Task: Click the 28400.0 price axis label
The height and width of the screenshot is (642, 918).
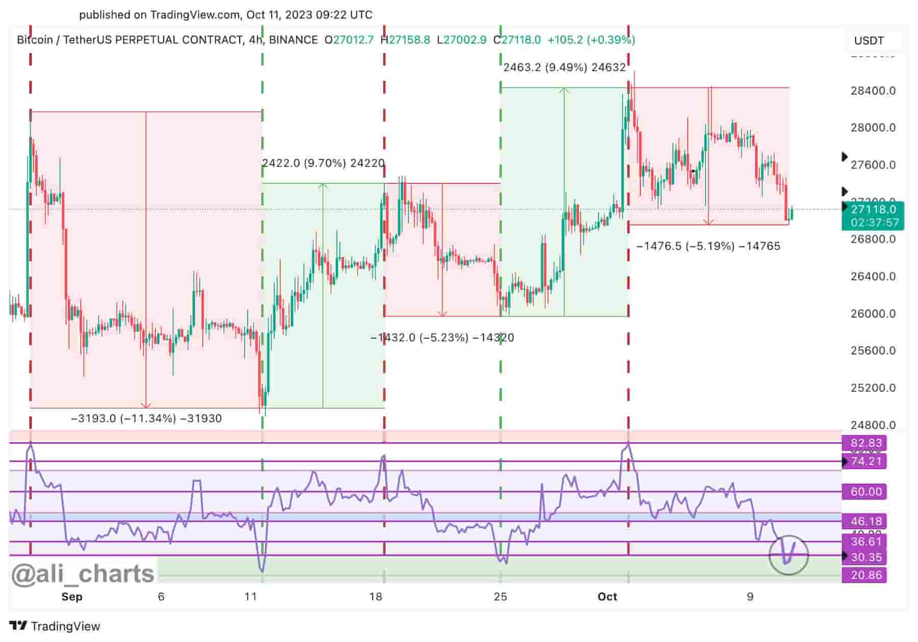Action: [x=873, y=91]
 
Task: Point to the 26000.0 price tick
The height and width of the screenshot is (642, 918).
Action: [x=873, y=313]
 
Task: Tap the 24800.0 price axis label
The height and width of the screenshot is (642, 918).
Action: [x=873, y=425]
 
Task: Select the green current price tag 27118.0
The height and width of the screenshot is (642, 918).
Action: [x=873, y=209]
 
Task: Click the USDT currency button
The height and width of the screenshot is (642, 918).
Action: [x=869, y=41]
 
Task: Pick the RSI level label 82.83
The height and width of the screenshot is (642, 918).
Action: [x=866, y=443]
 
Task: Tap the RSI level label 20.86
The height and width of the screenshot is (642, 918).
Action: [x=866, y=575]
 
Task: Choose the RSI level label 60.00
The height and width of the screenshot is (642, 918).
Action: [x=866, y=491]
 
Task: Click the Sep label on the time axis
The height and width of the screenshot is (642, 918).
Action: [x=72, y=597]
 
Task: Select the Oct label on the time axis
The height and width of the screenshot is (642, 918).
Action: [x=607, y=597]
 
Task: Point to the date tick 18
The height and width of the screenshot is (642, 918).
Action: [x=376, y=597]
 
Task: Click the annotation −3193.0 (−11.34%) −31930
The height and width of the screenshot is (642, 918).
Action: [x=146, y=418]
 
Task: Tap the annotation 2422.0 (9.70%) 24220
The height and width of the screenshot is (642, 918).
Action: [x=323, y=163]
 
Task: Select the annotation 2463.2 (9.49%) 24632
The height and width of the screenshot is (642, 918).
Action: [x=564, y=67]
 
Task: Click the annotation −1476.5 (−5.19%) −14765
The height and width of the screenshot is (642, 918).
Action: [x=708, y=246]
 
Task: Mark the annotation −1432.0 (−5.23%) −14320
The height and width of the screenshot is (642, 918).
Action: [x=442, y=337]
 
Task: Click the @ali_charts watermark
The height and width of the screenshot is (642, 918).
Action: [x=83, y=574]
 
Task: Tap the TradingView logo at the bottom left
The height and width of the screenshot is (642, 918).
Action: [x=55, y=626]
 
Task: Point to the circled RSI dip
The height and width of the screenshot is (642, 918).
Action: [x=788, y=555]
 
